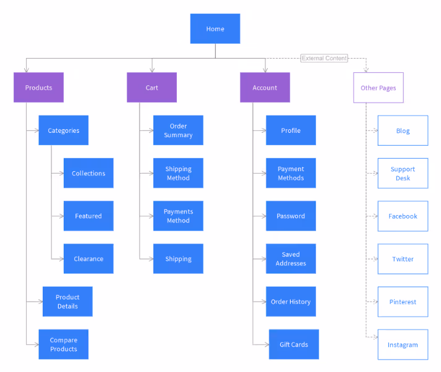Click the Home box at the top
click(x=215, y=29)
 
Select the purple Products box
click(x=38, y=88)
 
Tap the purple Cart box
click(x=152, y=88)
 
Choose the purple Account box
click(x=265, y=88)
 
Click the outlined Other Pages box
click(x=378, y=88)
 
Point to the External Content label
click(x=324, y=58)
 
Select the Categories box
click(x=63, y=130)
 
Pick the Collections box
click(x=88, y=173)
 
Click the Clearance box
click(x=88, y=259)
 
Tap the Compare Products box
click(x=63, y=344)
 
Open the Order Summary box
click(x=178, y=130)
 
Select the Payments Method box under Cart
click(x=178, y=216)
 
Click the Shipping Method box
click(x=178, y=173)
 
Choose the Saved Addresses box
click(x=291, y=259)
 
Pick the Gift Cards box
click(x=294, y=344)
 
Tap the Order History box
click(x=291, y=302)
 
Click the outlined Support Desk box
click(x=403, y=174)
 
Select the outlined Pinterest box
click(x=403, y=302)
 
